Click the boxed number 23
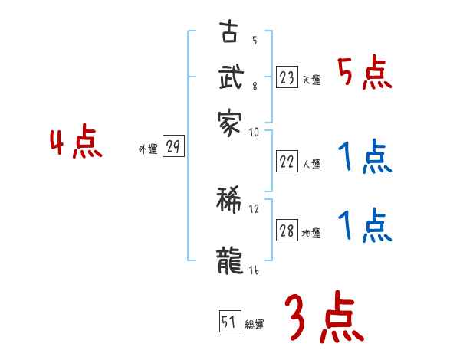tap(287, 77)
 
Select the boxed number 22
tap(287, 161)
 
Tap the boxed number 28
tap(287, 231)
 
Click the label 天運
tap(311, 79)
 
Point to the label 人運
tap(311, 163)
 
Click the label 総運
tap(255, 324)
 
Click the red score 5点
tap(364, 74)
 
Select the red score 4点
tap(76, 143)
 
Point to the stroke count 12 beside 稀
tap(254, 208)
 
